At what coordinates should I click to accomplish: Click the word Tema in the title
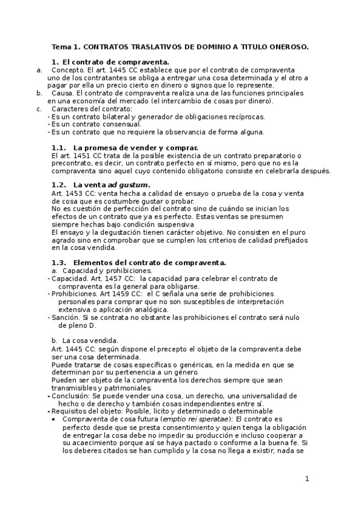[61, 46]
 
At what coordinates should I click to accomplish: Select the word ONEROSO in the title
[286, 46]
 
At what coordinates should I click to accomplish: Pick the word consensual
[120, 124]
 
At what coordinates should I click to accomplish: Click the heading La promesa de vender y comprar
[135, 147]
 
